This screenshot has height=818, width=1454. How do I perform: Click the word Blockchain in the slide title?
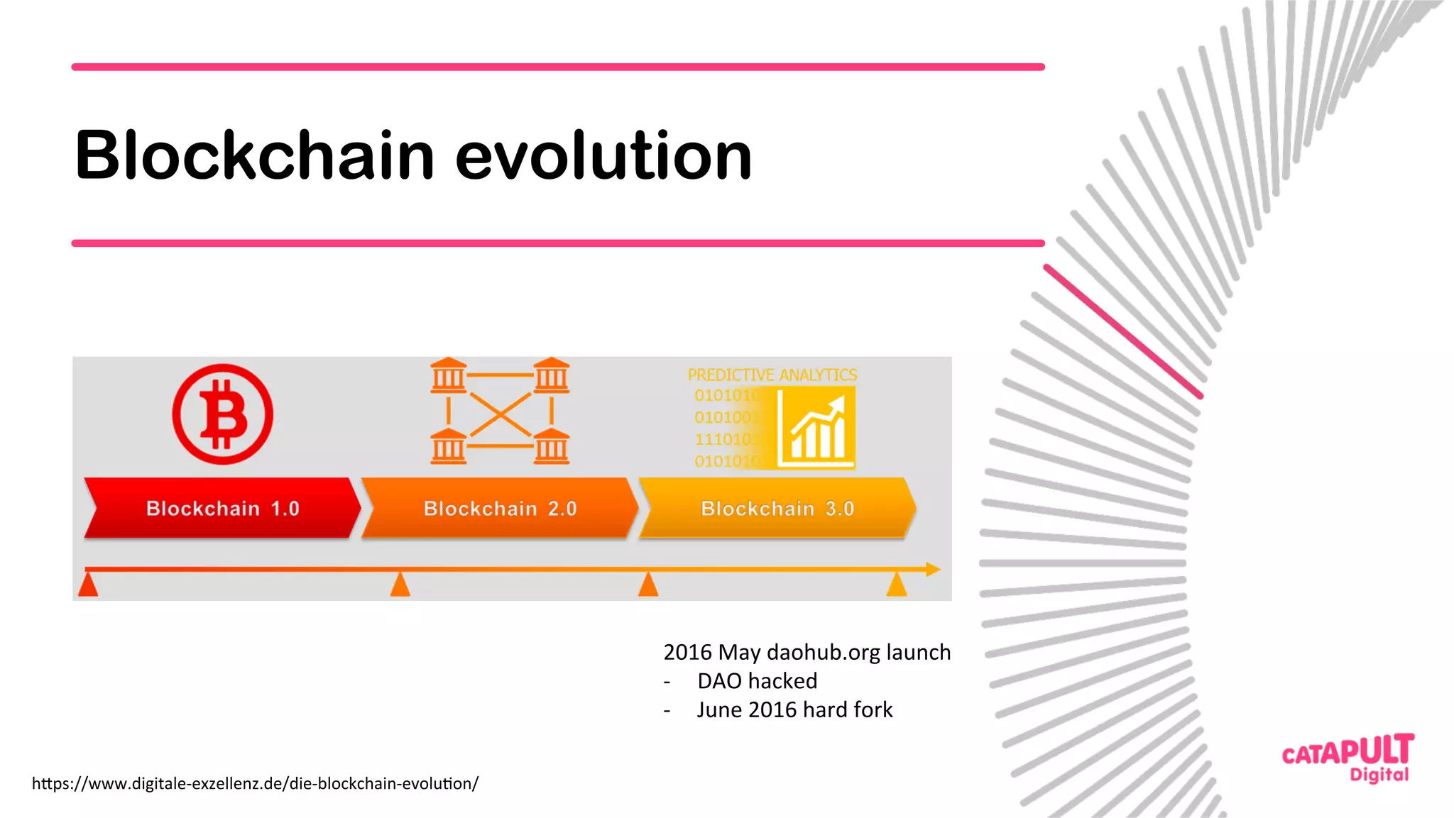[x=254, y=155]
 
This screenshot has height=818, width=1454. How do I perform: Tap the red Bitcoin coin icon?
[x=222, y=414]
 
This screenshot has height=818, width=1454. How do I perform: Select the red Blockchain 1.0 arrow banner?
[x=222, y=508]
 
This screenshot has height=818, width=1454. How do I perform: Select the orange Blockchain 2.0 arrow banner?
[x=500, y=508]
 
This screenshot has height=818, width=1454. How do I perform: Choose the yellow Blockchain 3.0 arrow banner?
[x=777, y=508]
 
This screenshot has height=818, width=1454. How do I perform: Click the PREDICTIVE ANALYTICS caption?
[x=772, y=375]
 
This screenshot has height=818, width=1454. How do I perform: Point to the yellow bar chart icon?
[x=816, y=428]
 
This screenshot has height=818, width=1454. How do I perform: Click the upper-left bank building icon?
[x=448, y=375]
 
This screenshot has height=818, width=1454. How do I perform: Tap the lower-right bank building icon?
[x=552, y=446]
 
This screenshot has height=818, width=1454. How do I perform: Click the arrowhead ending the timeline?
[x=933, y=569]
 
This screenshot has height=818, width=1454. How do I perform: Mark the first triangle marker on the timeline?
[x=88, y=585]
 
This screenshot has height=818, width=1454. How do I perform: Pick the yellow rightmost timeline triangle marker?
[x=897, y=585]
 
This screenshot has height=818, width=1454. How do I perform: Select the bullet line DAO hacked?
[x=757, y=681]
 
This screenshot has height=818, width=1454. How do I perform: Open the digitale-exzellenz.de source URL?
[x=255, y=783]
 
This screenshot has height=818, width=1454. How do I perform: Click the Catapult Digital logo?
[x=1348, y=758]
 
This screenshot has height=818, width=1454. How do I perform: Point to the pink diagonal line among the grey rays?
[x=1123, y=331]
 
